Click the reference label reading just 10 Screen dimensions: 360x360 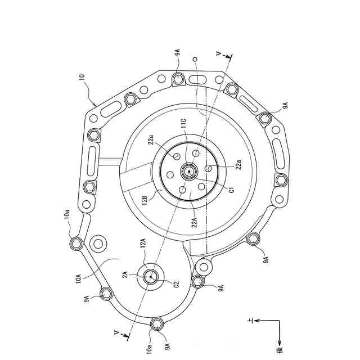coord(82,77)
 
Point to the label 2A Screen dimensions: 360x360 coord(125,274)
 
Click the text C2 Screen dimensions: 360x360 coord(176,284)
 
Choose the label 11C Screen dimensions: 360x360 coord(184,124)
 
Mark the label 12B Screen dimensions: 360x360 coord(145,200)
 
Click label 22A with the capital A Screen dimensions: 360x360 coord(194,222)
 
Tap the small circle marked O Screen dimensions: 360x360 coord(195,59)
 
